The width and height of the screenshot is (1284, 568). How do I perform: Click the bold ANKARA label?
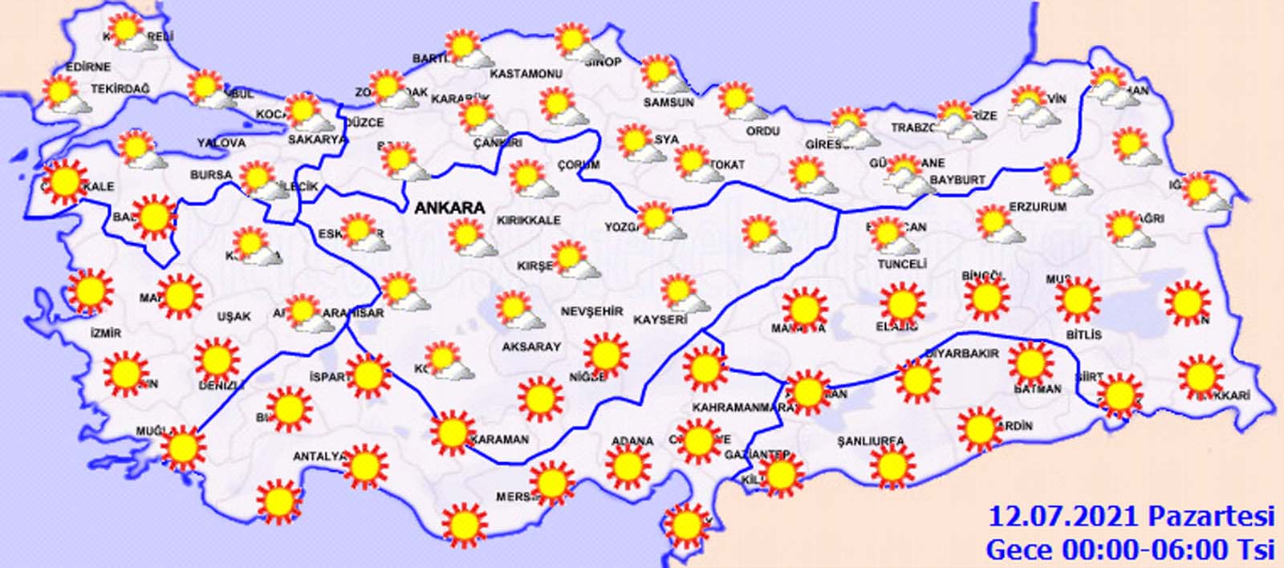pyautogui.click(x=449, y=208)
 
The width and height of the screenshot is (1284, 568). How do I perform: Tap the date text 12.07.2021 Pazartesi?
pyautogui.click(x=1131, y=516)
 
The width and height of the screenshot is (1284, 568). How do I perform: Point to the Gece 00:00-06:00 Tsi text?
pyautogui.click(x=1130, y=550)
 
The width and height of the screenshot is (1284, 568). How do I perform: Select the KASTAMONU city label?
pyautogui.click(x=525, y=74)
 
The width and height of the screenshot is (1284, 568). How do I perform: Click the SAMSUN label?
pyautogui.click(x=668, y=103)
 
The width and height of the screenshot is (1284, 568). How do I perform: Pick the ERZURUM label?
pyautogui.click(x=1038, y=207)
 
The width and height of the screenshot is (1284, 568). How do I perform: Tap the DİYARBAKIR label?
pyautogui.click(x=962, y=353)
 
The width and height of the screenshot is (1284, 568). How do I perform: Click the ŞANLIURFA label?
pyautogui.click(x=870, y=441)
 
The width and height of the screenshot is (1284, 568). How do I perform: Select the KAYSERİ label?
pyautogui.click(x=661, y=320)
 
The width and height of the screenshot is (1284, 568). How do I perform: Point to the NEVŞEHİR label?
pyautogui.click(x=591, y=311)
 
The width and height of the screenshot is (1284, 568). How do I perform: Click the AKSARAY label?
pyautogui.click(x=530, y=347)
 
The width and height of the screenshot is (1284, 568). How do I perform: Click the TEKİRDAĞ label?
pyautogui.click(x=120, y=89)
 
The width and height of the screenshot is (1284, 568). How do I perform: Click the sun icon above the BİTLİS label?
pyautogui.click(x=1077, y=299)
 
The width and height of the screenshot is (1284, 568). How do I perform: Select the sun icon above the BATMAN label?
pyautogui.click(x=1030, y=363)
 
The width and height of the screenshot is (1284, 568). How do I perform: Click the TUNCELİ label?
pyautogui.click(x=902, y=264)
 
